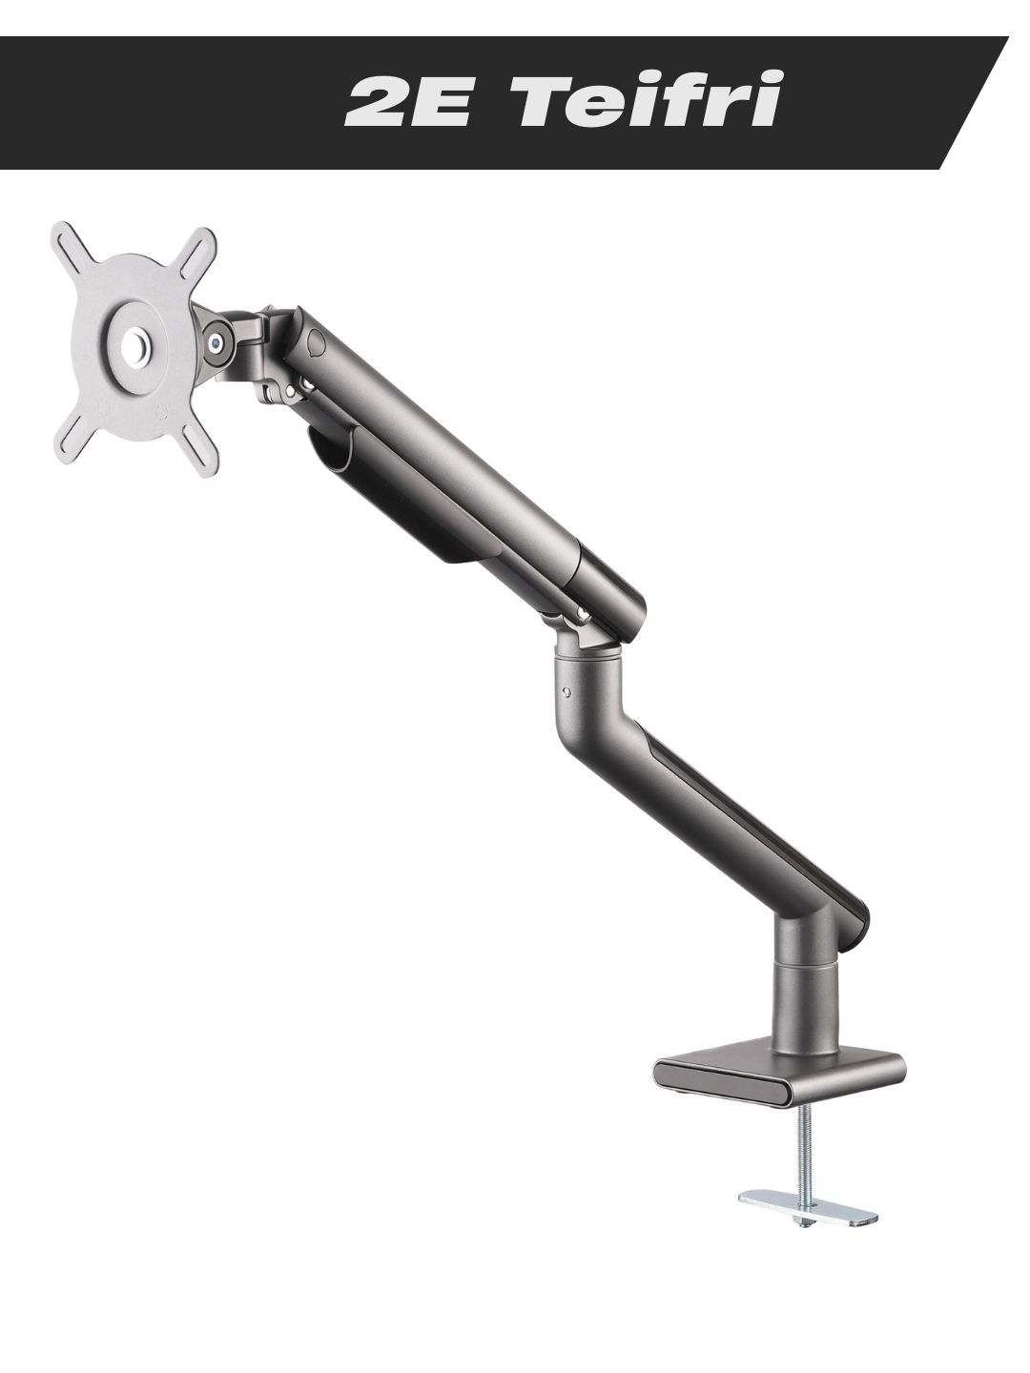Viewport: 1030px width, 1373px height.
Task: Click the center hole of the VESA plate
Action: click(134, 348)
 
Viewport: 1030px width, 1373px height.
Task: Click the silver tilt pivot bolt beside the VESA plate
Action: click(216, 341)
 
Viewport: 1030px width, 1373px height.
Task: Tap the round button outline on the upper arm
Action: click(317, 343)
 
